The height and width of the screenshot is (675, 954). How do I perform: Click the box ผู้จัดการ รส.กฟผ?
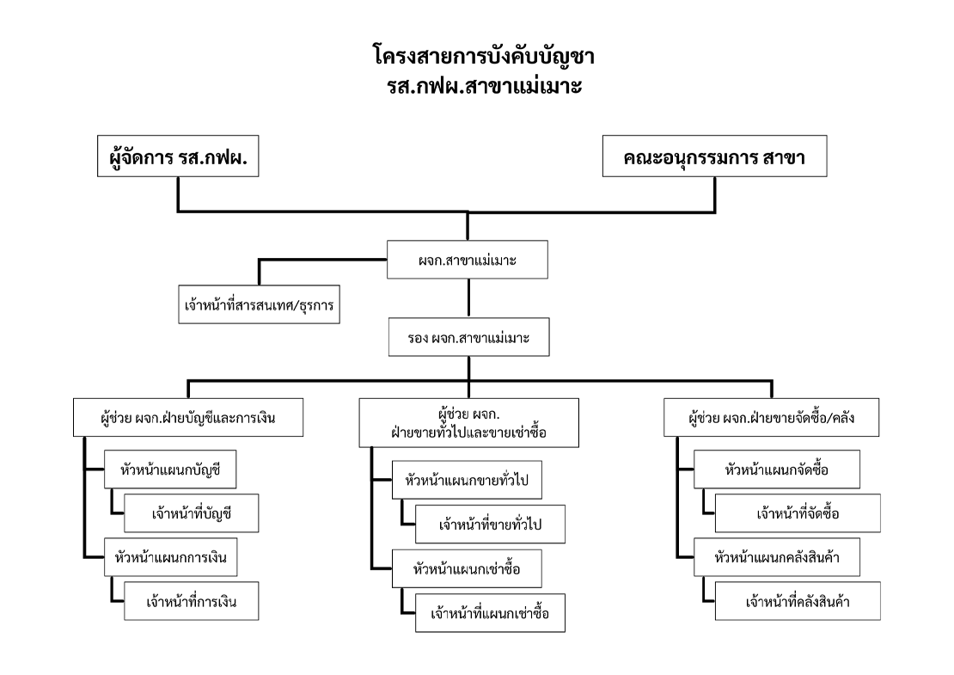coord(178,156)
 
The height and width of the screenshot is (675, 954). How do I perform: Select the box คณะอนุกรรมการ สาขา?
coord(714,156)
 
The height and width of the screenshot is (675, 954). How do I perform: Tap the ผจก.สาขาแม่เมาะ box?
coord(468,260)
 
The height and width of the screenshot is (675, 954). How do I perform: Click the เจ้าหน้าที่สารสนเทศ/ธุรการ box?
coord(260,304)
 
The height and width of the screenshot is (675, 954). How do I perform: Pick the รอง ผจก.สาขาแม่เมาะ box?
coord(468,337)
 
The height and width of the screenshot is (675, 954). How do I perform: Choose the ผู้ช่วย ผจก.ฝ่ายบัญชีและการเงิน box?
coord(188,418)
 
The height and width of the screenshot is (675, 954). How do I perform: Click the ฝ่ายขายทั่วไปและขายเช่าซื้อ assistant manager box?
coord(468,423)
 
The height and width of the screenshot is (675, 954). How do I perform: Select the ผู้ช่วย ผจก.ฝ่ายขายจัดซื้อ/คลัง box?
coord(771,418)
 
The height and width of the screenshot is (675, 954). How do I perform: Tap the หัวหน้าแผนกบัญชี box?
coord(170,469)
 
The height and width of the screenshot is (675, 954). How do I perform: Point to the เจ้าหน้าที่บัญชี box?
coord(192,513)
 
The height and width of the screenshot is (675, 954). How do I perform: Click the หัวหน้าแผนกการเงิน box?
coord(170,557)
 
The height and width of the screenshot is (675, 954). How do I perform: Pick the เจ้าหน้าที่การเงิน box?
coord(192,601)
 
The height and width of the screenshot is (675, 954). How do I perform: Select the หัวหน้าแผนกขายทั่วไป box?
coord(467,480)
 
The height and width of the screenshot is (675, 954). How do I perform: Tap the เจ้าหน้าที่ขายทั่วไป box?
coord(491,524)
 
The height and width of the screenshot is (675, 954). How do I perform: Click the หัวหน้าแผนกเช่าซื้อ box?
coord(467,569)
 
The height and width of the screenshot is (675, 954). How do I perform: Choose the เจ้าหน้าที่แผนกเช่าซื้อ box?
coord(491,613)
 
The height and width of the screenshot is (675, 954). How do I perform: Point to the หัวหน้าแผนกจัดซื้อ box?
coord(777,469)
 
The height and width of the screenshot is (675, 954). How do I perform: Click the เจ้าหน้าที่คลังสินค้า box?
coord(798,601)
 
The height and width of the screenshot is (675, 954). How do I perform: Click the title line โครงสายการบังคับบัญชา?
coord(484,57)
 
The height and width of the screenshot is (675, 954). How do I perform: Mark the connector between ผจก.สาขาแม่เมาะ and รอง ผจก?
coord(468,298)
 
